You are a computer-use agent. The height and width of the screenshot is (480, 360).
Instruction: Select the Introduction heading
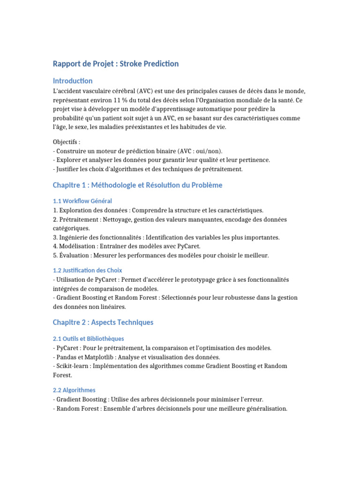pyautogui.click(x=73, y=81)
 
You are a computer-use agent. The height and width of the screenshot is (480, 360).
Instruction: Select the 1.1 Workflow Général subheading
pyautogui.click(x=82, y=201)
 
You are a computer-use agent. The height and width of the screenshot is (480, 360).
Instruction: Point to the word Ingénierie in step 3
pyautogui.click(x=74, y=238)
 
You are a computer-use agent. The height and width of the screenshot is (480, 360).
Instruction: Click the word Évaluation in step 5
pyautogui.click(x=75, y=255)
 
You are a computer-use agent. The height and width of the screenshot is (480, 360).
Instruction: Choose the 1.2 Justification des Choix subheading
pyautogui.click(x=87, y=270)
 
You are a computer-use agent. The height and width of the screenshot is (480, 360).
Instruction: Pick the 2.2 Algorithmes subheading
pyautogui.click(x=74, y=390)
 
